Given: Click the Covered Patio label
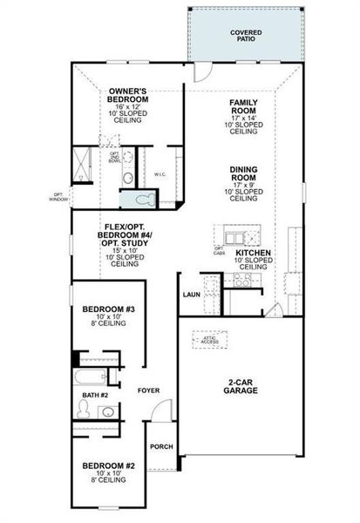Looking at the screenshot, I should tap(247, 36).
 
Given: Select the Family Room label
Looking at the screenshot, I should tap(243, 108).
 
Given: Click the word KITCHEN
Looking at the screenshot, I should tap(253, 253).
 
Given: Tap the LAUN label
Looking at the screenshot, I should tap(192, 295).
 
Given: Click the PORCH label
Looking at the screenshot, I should tap(161, 446).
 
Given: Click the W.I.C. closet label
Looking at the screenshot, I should tap(160, 174).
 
